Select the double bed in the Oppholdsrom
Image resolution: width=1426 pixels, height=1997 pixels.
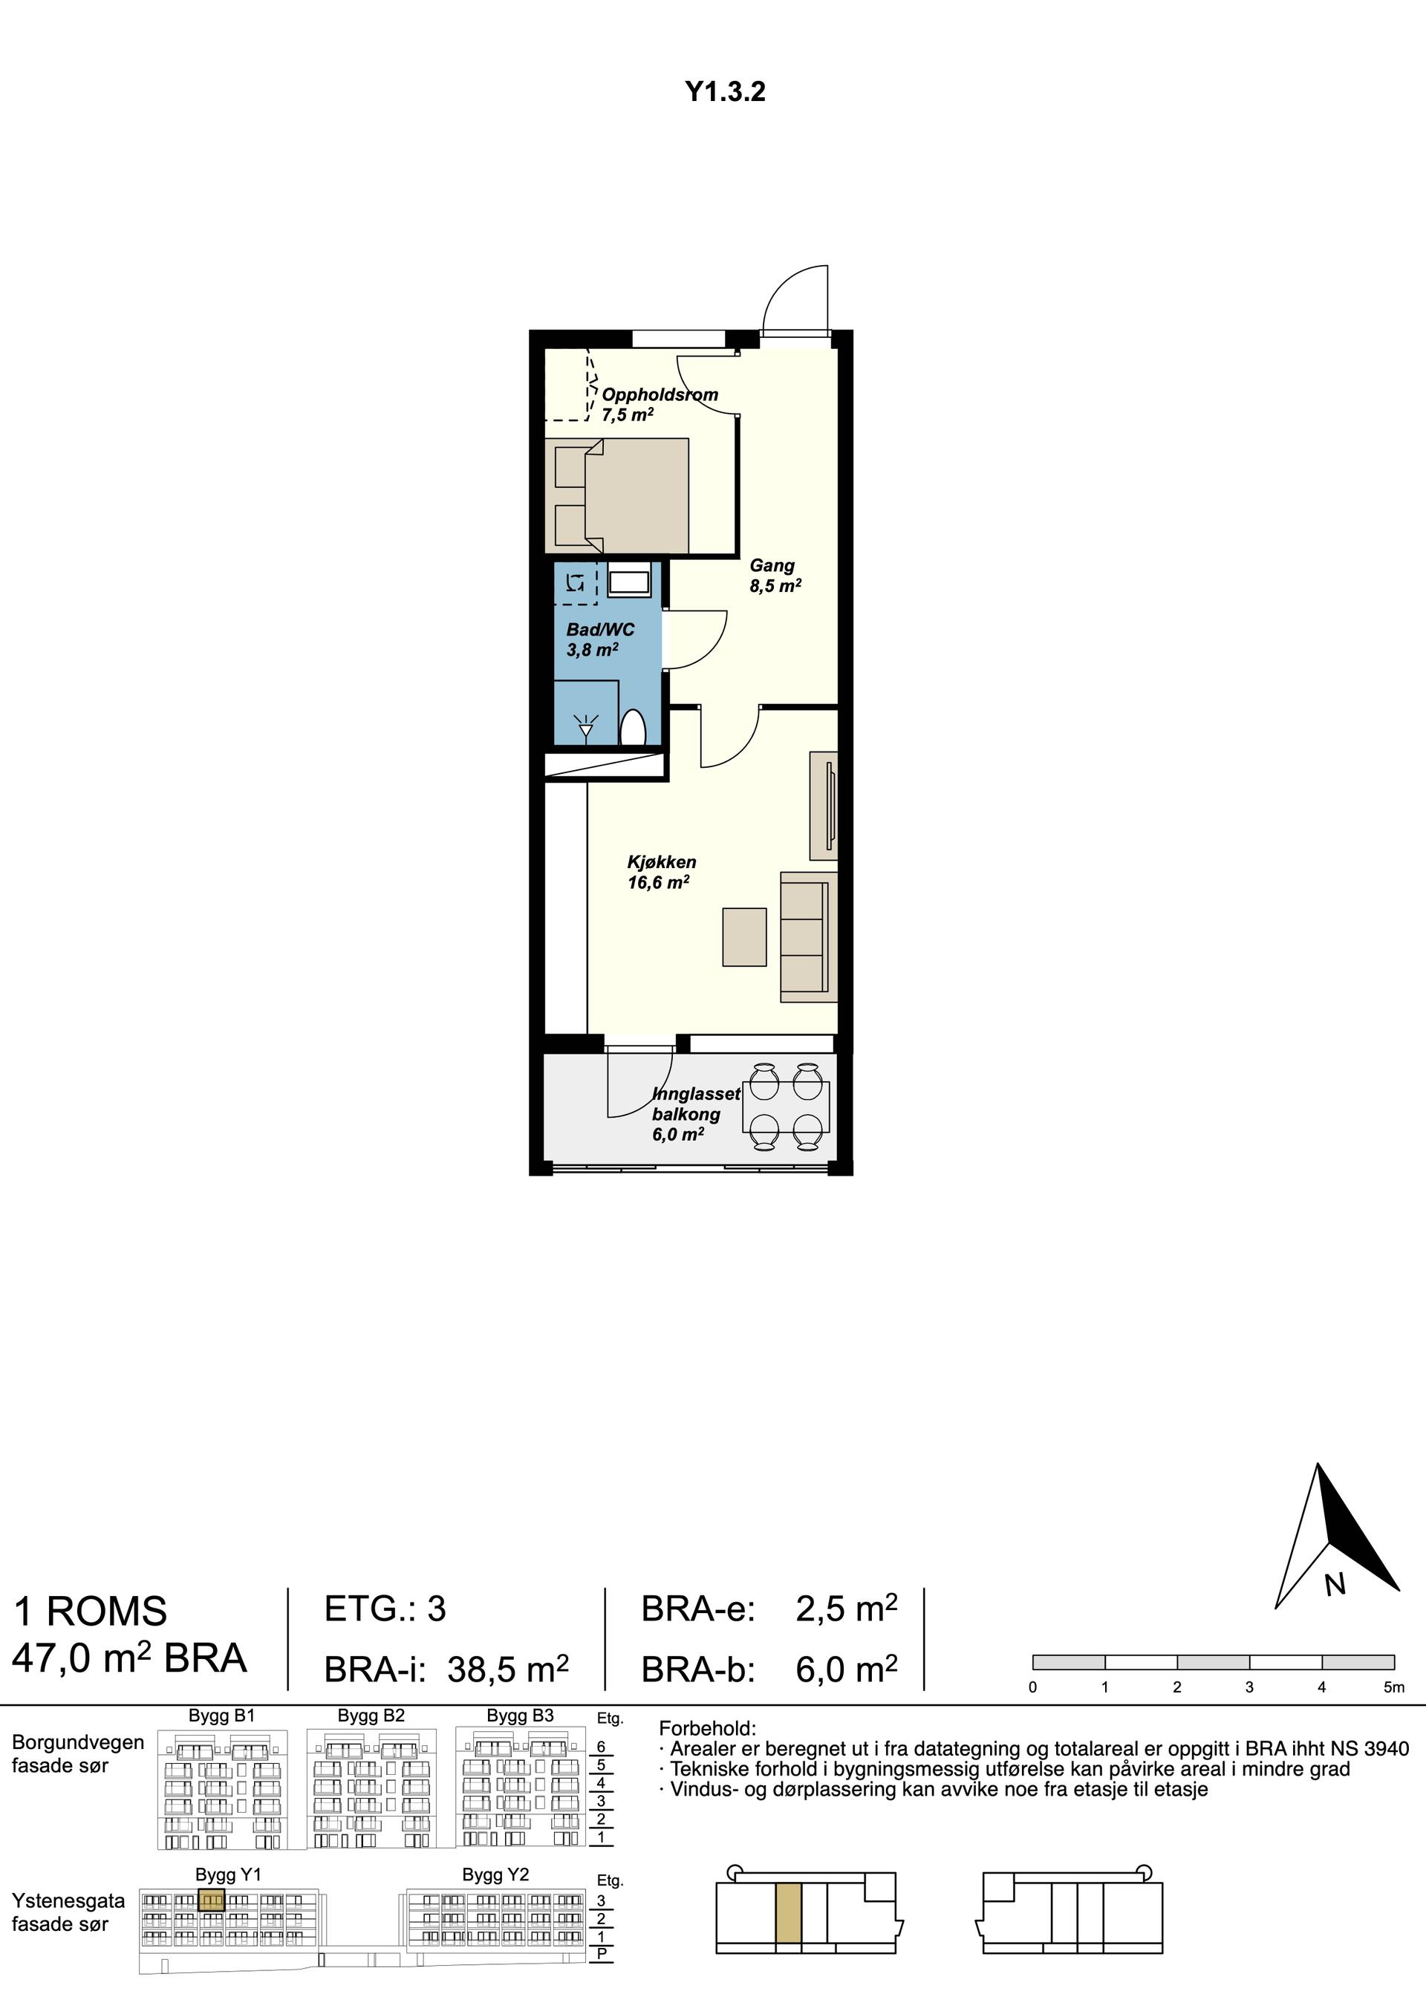[x=616, y=496]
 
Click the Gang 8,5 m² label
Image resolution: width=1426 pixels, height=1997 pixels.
[x=775, y=576]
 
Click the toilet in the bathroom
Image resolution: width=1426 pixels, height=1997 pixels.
[x=632, y=728]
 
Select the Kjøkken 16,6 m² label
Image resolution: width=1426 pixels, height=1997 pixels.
[x=661, y=873]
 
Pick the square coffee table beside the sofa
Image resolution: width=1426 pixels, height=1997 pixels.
[x=745, y=937]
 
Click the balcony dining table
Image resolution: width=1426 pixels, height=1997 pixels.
[x=786, y=1106]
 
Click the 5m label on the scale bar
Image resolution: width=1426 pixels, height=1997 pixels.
[x=1393, y=1687]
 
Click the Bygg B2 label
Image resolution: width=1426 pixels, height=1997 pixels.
[x=371, y=1716]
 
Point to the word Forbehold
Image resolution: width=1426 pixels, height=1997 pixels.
[x=707, y=1728]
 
